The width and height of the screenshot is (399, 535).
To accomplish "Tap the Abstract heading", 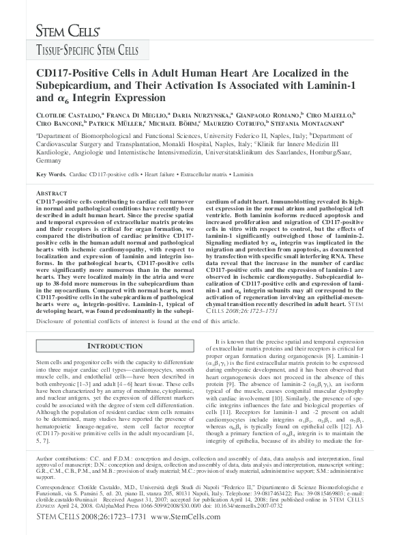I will click(51, 194).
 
